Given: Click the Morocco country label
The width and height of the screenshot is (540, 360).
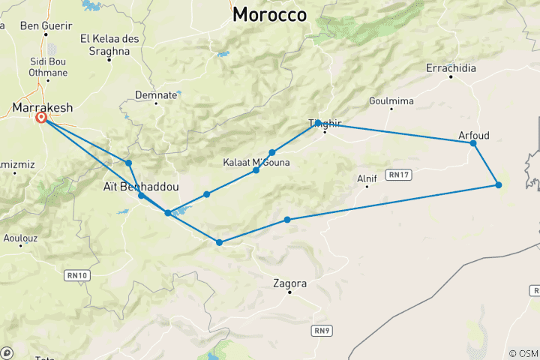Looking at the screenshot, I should coord(269,14).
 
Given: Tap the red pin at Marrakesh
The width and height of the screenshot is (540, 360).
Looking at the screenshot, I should coord(42,118).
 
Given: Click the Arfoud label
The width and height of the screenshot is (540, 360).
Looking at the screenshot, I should coord(473,135).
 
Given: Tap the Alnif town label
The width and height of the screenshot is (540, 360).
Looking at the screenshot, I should coord(366,178).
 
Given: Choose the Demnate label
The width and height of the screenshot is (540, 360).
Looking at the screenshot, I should coord(156,94).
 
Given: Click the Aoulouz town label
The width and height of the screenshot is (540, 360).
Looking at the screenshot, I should coord(20,238).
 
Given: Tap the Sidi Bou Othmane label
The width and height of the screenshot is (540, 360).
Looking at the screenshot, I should coord(48,66).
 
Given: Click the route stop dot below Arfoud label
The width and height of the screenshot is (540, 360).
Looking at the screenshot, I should coord(473,143).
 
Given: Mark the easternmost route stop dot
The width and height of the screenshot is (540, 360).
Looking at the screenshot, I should coord(498,185).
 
